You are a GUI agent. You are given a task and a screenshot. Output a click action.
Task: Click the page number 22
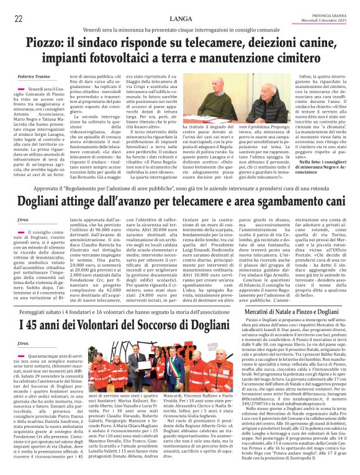click(19, 19)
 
